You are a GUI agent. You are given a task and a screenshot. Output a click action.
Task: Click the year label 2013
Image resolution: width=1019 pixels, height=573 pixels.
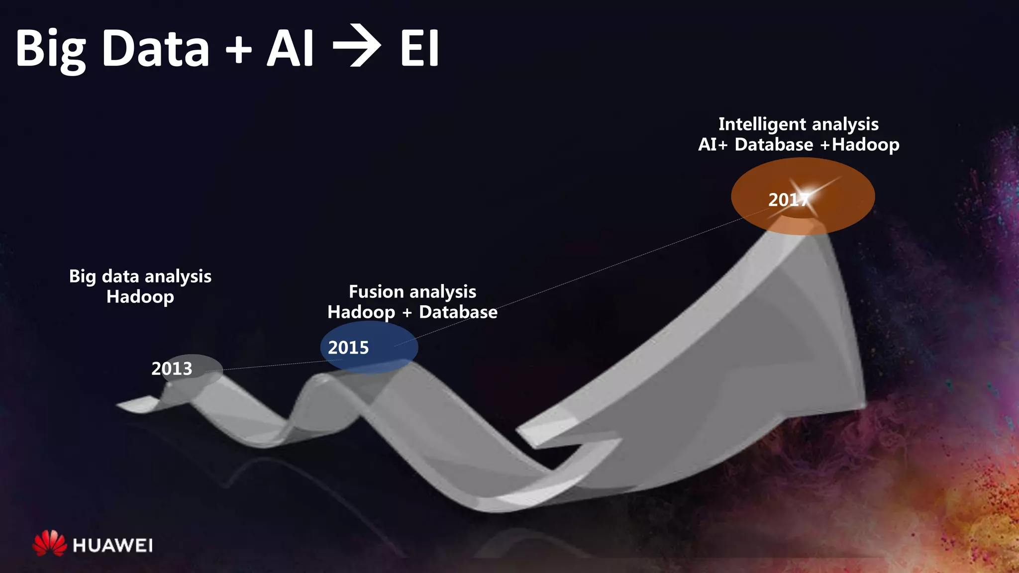click(172, 369)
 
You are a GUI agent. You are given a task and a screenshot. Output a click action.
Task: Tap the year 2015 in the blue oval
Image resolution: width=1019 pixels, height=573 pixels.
click(348, 348)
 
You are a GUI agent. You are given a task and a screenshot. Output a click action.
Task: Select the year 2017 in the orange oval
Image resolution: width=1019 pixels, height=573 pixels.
click(787, 200)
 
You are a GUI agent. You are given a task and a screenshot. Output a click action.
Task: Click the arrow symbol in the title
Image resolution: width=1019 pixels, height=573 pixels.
click(357, 48)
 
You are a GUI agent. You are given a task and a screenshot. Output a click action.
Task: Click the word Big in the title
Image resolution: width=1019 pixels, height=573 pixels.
click(51, 50)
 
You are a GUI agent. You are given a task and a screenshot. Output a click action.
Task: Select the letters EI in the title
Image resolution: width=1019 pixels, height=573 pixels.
click(419, 48)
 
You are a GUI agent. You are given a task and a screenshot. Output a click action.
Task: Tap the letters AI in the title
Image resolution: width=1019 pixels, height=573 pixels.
click(291, 48)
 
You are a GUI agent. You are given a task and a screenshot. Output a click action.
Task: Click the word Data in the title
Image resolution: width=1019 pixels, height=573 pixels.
click(156, 48)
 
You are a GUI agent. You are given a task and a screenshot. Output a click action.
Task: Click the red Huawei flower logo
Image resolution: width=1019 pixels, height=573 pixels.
click(49, 543)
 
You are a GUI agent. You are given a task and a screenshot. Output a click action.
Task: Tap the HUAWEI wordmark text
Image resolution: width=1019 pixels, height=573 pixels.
click(112, 546)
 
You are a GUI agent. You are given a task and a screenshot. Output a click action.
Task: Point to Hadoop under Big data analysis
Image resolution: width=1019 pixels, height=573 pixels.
click(140, 297)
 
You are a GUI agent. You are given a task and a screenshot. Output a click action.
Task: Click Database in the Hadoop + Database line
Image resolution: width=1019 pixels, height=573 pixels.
click(458, 312)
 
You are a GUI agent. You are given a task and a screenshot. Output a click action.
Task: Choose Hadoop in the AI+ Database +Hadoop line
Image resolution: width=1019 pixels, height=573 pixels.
click(866, 145)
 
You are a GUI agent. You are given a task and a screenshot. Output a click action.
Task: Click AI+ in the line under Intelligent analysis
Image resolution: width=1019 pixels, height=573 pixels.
click(713, 145)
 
